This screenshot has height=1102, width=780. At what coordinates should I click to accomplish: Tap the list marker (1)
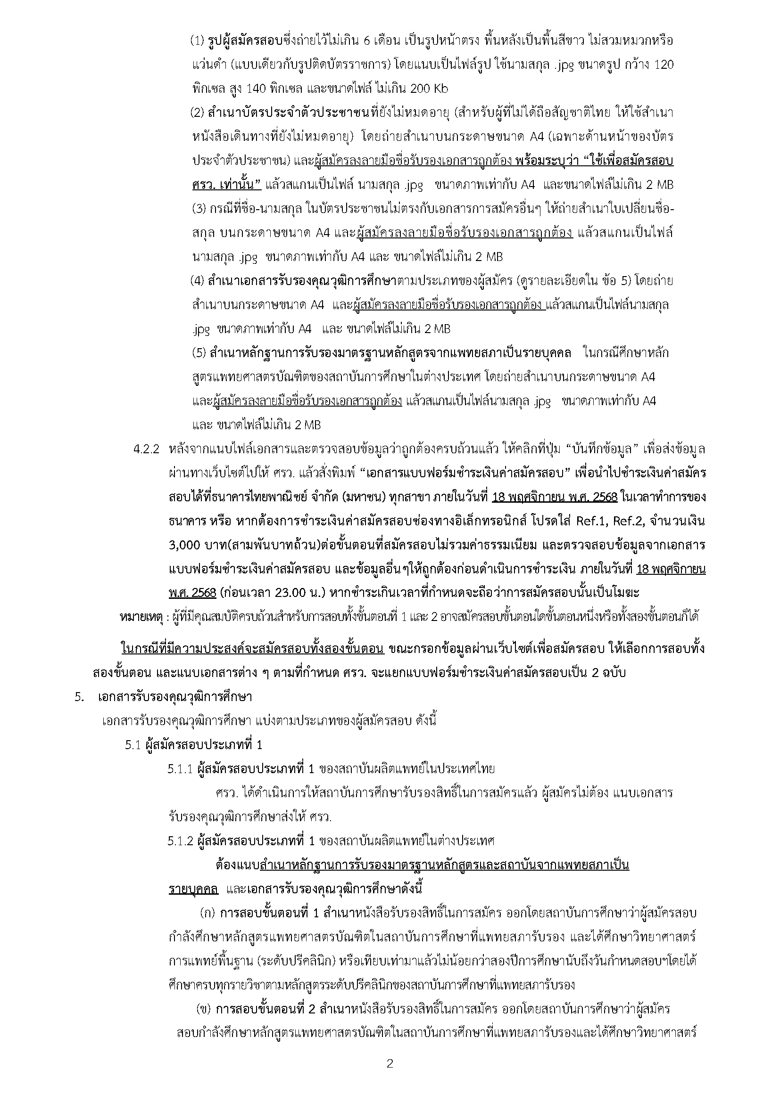[x=198, y=41]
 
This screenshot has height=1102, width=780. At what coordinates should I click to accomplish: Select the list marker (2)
[x=198, y=113]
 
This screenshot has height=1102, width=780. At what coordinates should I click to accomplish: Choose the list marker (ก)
[x=207, y=913]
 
